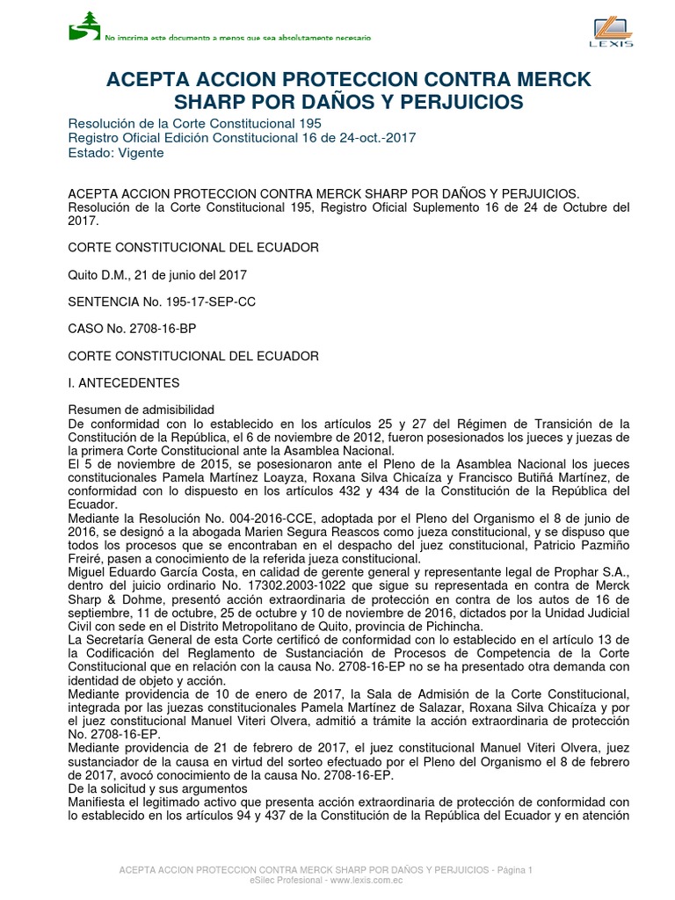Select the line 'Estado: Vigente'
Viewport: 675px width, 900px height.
coord(115,152)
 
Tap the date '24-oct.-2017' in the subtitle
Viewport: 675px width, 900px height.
coord(380,137)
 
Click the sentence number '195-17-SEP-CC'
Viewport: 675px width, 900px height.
coord(213,301)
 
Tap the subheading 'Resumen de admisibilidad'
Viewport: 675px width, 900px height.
coord(141,410)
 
